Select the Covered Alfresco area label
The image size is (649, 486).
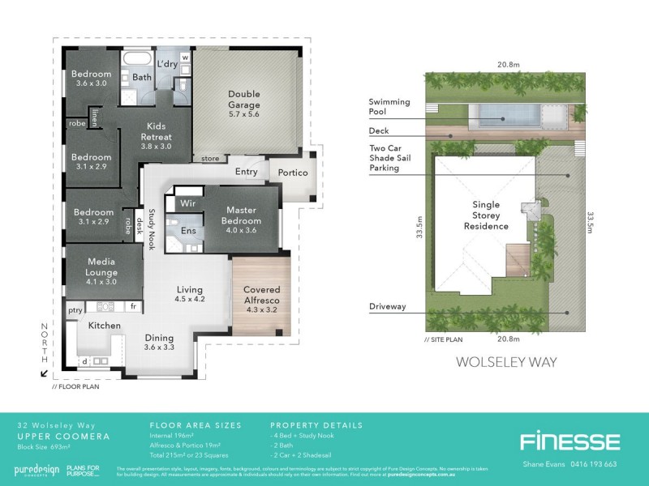261,295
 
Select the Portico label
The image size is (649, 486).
292,173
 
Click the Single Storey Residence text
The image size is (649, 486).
486,215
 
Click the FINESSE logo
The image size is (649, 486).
569,441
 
